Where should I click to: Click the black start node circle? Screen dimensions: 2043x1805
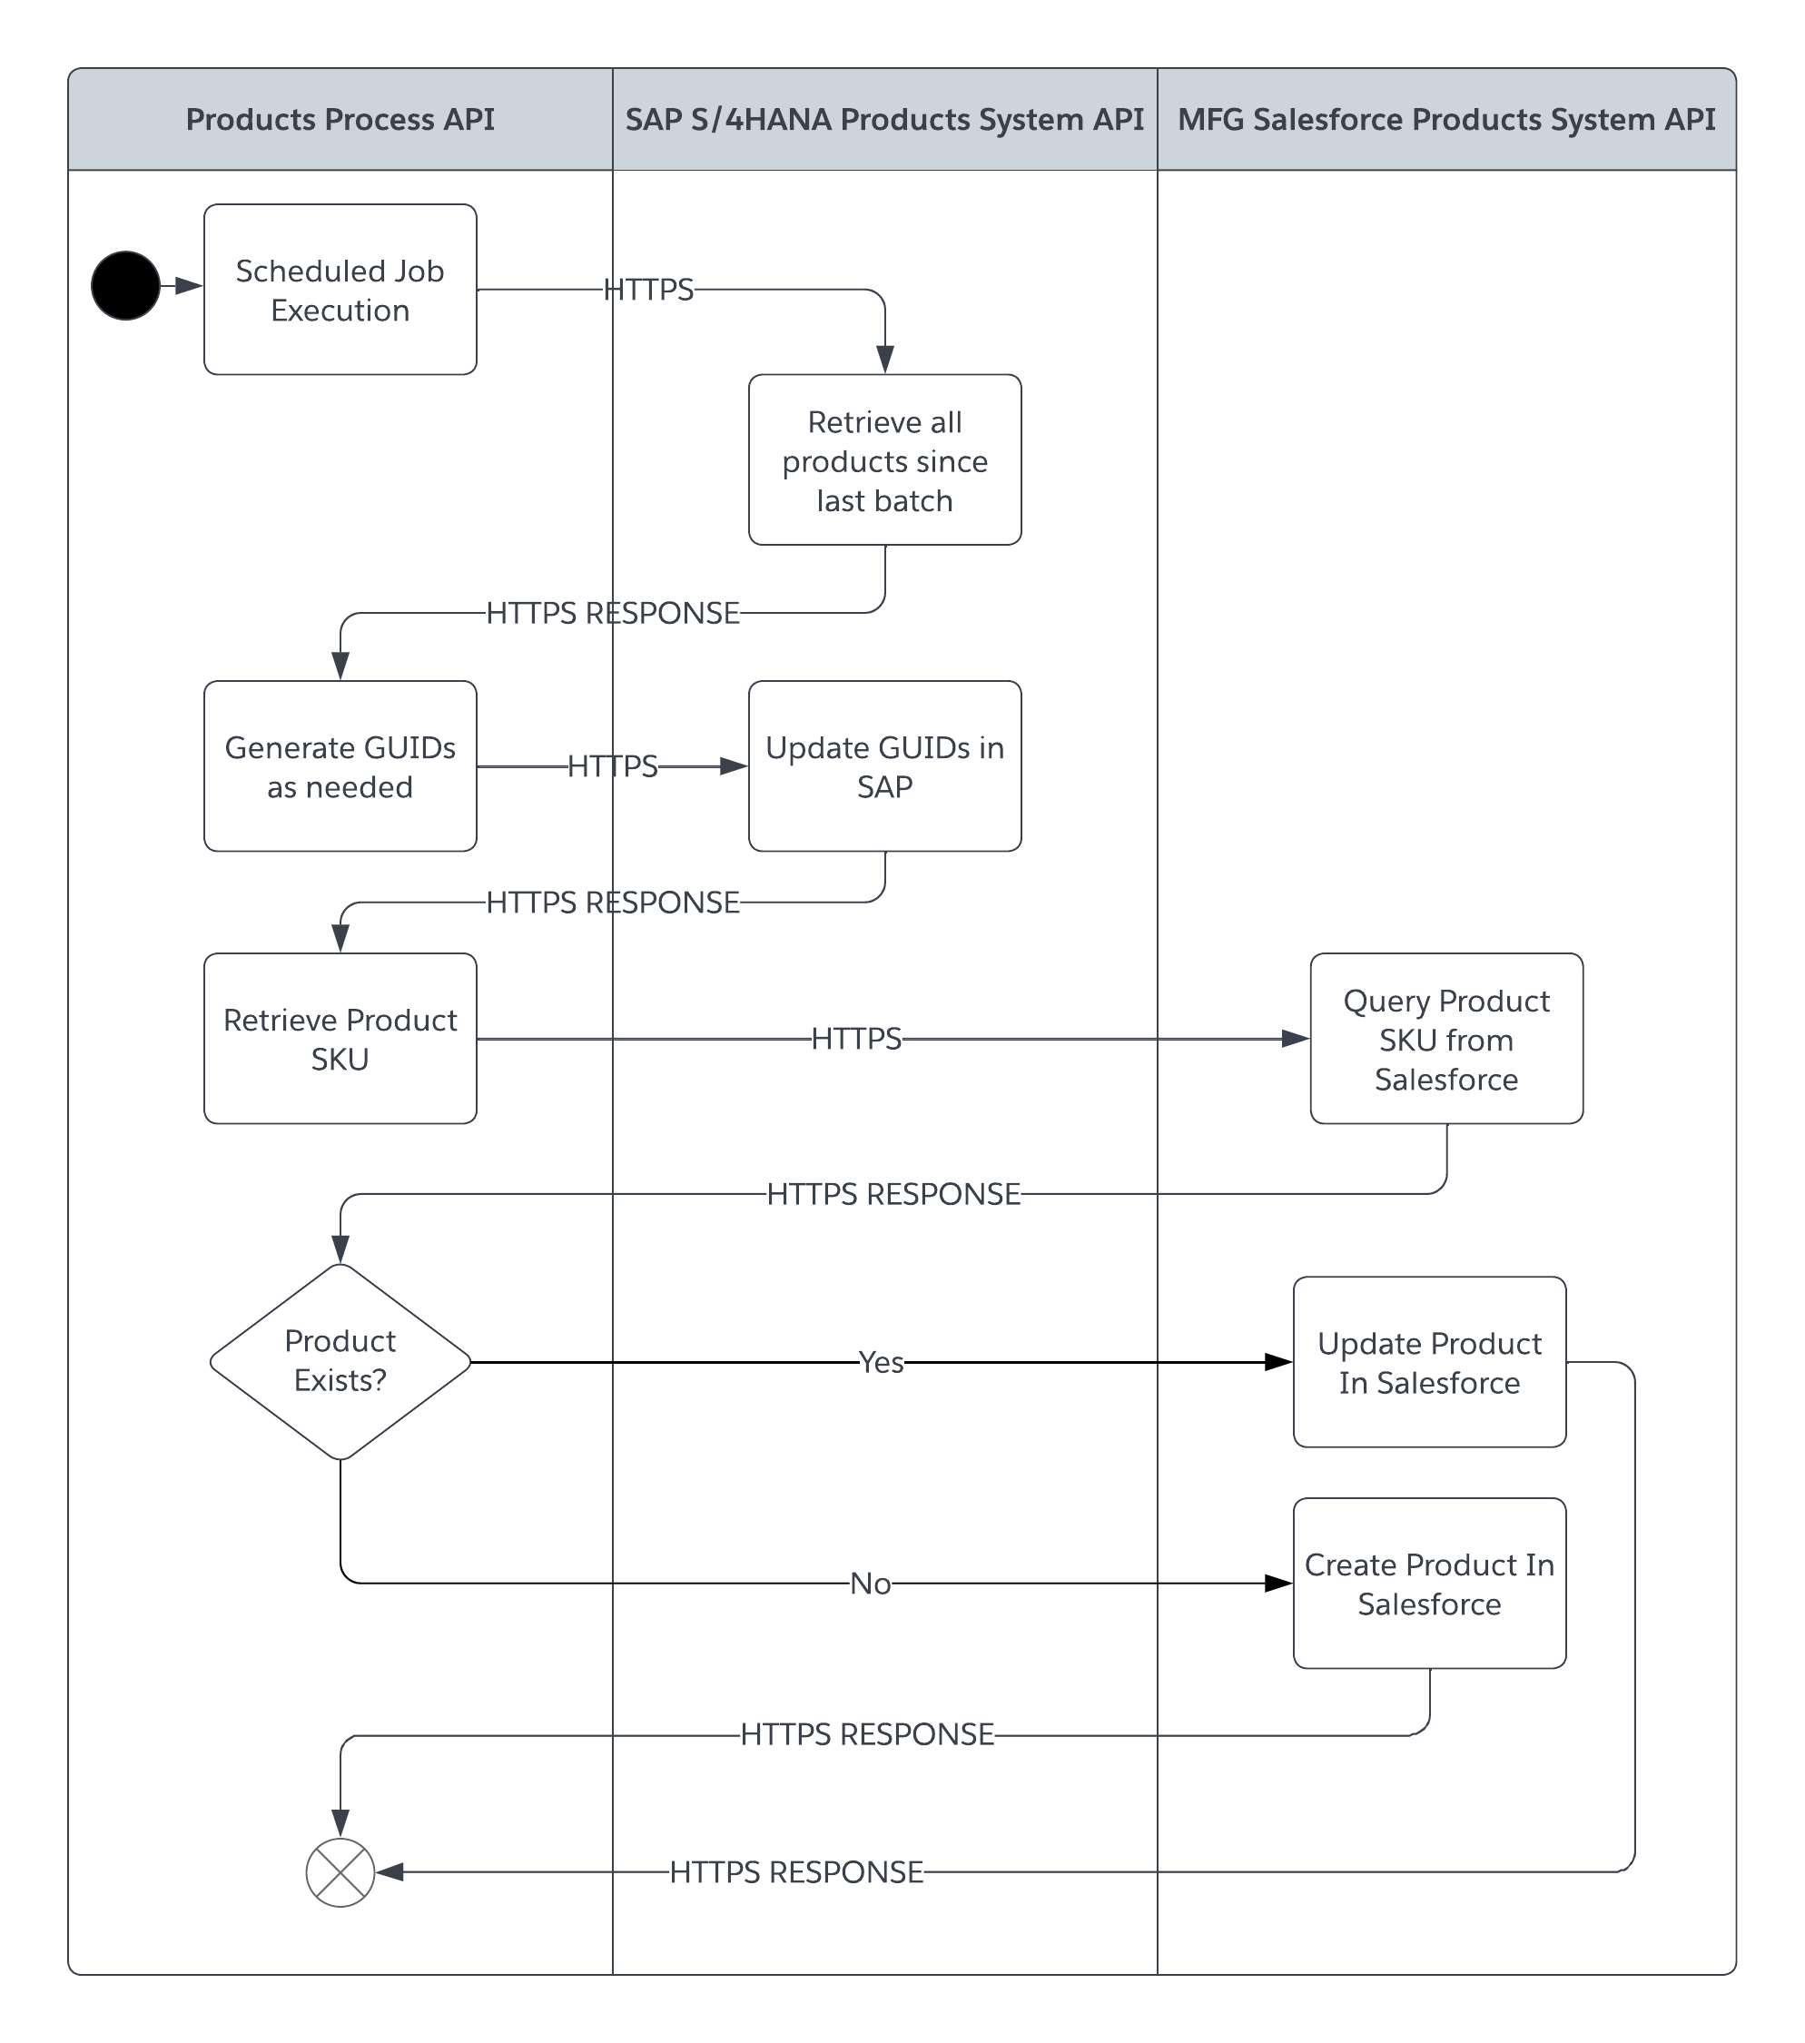pyautogui.click(x=126, y=286)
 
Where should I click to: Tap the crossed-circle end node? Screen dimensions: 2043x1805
pyautogui.click(x=340, y=1872)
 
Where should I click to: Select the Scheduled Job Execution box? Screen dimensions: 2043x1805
pyautogui.click(x=340, y=290)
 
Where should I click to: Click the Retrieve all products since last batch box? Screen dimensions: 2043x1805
pyautogui.click(x=884, y=459)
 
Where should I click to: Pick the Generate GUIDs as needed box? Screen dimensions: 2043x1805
pyautogui.click(x=340, y=766)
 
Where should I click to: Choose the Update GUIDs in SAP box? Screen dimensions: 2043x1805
pyautogui.click(x=884, y=766)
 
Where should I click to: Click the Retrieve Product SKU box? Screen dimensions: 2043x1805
pyautogui.click(x=340, y=1039)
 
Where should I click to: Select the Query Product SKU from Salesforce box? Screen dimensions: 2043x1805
pyautogui.click(x=1446, y=1039)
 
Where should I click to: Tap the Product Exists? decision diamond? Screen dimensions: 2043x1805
pyautogui.click(x=340, y=1361)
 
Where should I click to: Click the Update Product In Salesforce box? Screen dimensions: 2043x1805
pyautogui.click(x=1429, y=1361)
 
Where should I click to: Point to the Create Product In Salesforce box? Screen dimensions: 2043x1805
pyautogui.click(x=1429, y=1584)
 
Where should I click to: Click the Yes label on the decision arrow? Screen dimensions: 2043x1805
pyautogui.click(x=881, y=1362)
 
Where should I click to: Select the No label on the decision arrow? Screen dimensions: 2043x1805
pyautogui.click(x=870, y=1584)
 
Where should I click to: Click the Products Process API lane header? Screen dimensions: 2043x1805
pyautogui.click(x=340, y=120)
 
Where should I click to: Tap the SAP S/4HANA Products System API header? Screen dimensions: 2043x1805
pyautogui.click(x=884, y=120)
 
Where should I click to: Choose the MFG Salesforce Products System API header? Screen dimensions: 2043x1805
pyautogui.click(x=1446, y=120)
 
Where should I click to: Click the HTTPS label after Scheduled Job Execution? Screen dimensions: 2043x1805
pyautogui.click(x=647, y=290)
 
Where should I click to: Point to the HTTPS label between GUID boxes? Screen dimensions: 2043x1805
pyautogui.click(x=612, y=766)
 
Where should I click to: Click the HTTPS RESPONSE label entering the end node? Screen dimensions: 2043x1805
pyautogui.click(x=795, y=1872)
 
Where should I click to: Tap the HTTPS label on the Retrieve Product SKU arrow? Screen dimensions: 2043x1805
pyautogui.click(x=855, y=1039)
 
